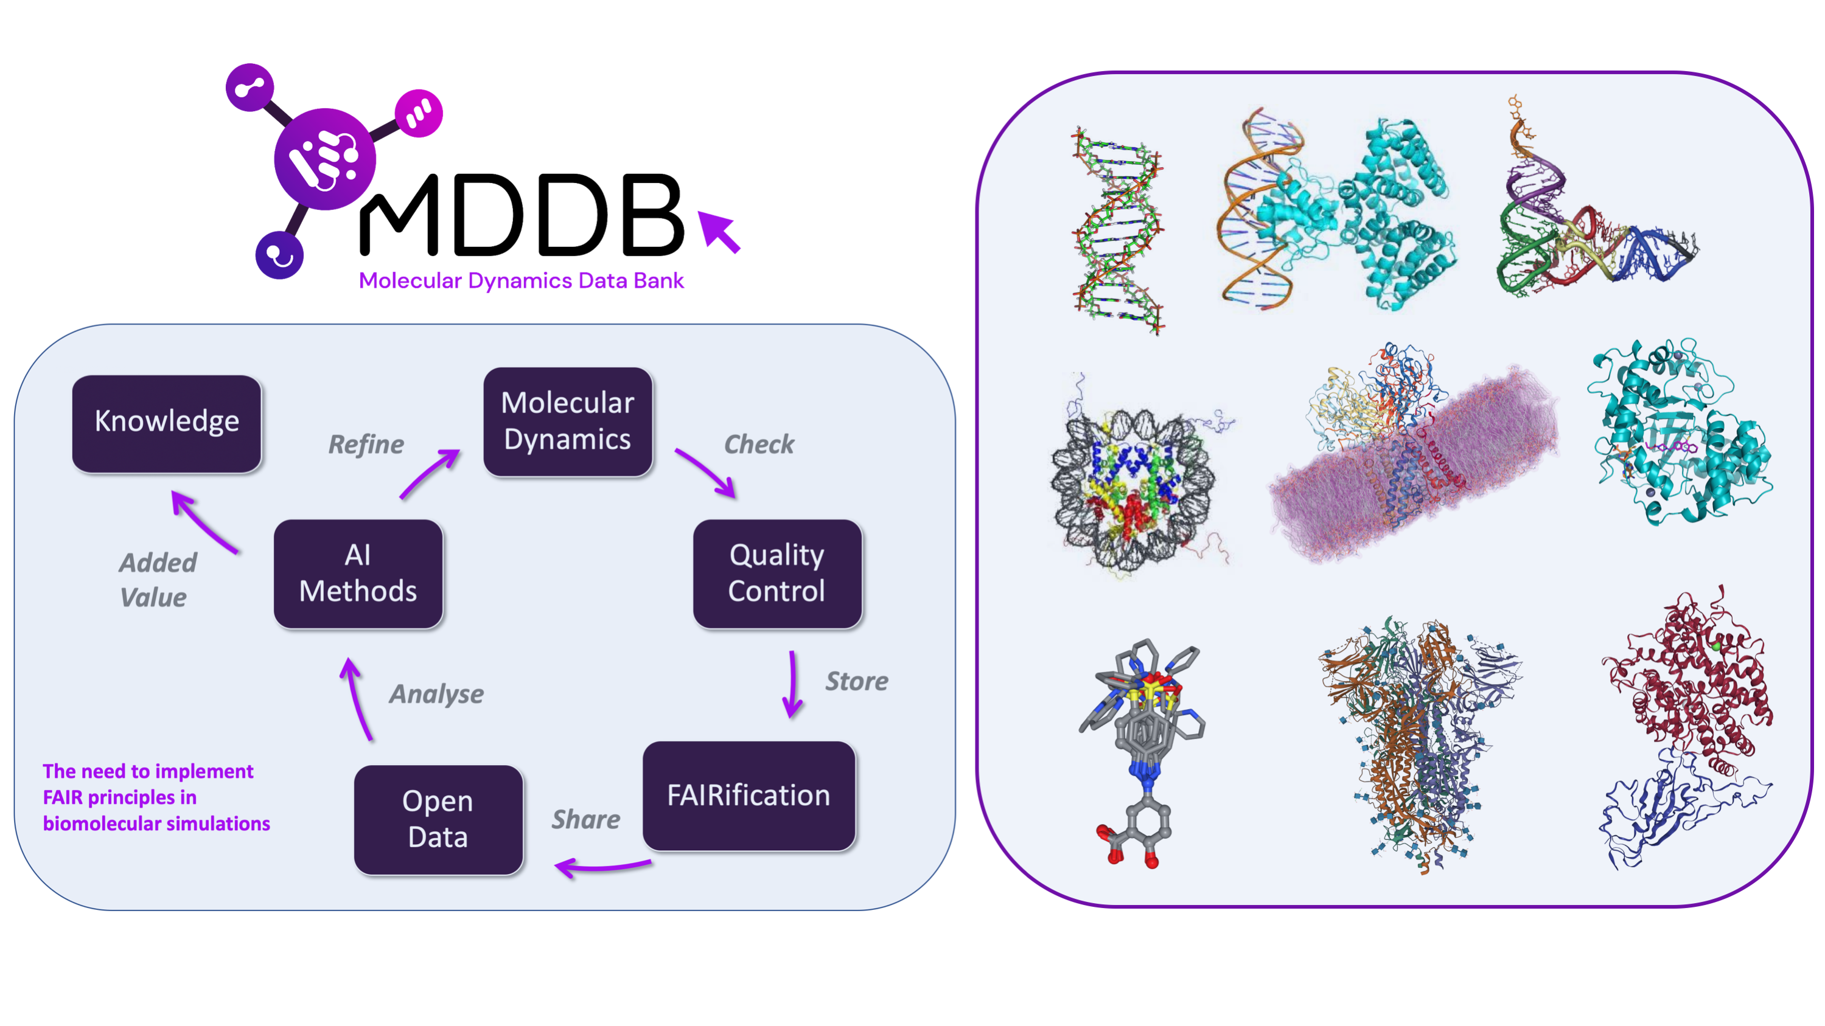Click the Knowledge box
click(x=167, y=423)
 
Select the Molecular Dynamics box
click(x=568, y=421)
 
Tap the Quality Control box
click(x=777, y=574)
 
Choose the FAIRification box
click(x=749, y=796)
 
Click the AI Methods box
click(x=358, y=574)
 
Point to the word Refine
click(x=366, y=445)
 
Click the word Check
click(x=759, y=445)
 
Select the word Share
click(x=586, y=819)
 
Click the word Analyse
click(x=436, y=694)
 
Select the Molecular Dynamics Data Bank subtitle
click(x=522, y=281)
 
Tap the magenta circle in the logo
click(x=419, y=113)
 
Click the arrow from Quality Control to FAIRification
click(x=793, y=684)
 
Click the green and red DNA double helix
click(x=1118, y=230)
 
